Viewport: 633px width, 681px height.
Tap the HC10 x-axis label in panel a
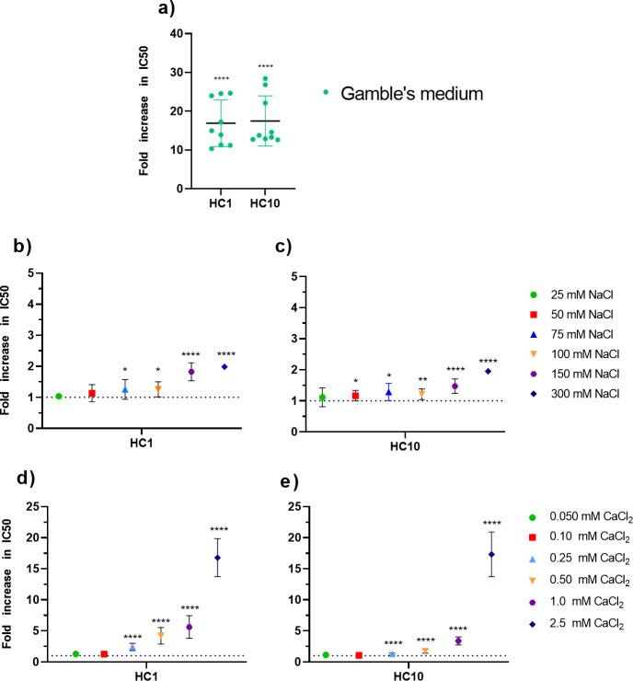(264, 204)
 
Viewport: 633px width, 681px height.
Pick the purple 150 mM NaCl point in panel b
(191, 372)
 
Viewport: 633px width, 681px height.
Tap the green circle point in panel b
(59, 397)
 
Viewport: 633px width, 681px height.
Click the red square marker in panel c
(355, 396)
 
